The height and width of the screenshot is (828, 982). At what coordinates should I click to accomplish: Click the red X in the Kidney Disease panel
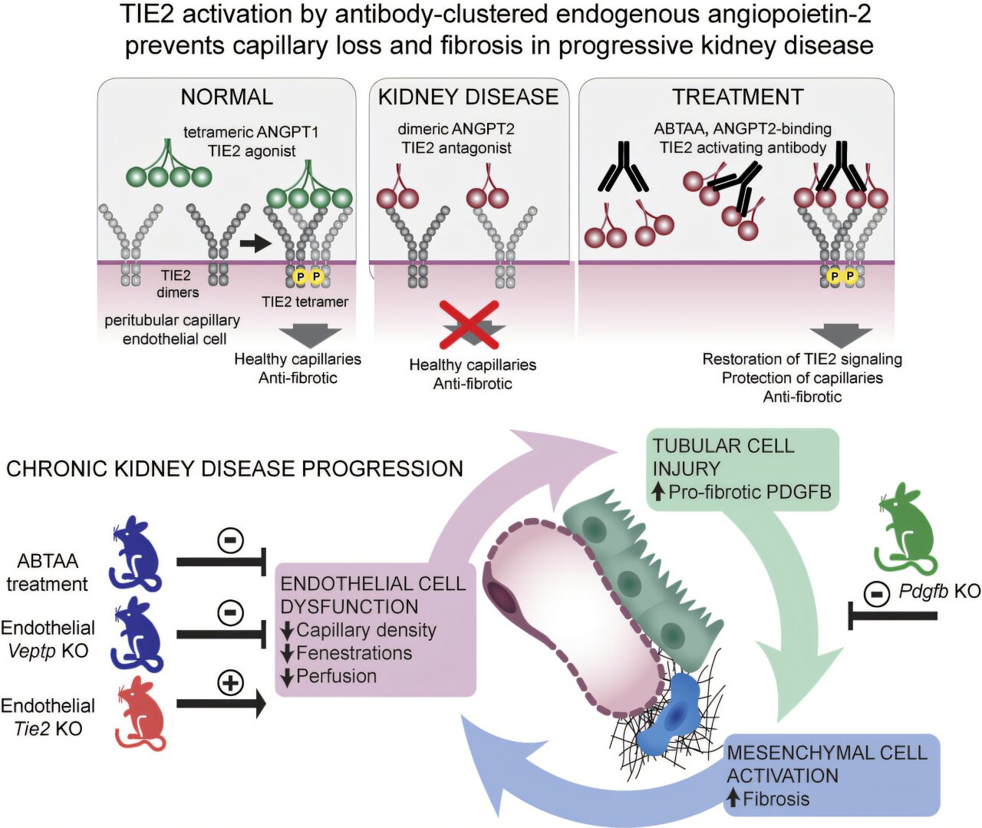click(469, 325)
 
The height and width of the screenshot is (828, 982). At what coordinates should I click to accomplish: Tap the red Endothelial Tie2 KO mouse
click(141, 713)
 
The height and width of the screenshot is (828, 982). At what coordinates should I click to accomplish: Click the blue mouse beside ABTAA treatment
click(136, 553)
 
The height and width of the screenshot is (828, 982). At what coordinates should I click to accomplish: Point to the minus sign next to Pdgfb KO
click(876, 592)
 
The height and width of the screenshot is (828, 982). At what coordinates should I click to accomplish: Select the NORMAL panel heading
click(226, 97)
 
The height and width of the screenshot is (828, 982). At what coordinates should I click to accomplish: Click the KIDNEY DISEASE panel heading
click(468, 97)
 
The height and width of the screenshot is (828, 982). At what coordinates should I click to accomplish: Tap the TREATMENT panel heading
click(737, 97)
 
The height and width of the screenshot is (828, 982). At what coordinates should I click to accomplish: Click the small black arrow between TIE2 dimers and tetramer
click(255, 244)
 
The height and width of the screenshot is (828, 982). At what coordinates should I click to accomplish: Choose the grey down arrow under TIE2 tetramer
click(309, 337)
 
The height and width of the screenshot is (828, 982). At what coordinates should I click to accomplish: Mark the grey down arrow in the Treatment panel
click(841, 335)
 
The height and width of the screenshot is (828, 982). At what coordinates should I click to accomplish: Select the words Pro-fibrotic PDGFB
click(750, 492)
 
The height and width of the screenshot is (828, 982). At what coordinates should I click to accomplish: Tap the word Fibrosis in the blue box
click(776, 799)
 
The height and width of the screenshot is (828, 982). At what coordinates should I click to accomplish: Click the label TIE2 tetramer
click(305, 302)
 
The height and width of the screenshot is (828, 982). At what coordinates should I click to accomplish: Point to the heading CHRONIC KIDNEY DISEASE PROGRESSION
click(235, 469)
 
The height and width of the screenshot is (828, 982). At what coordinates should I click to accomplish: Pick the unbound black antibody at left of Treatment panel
click(623, 167)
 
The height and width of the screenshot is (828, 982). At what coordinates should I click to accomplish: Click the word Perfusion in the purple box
click(336, 676)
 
